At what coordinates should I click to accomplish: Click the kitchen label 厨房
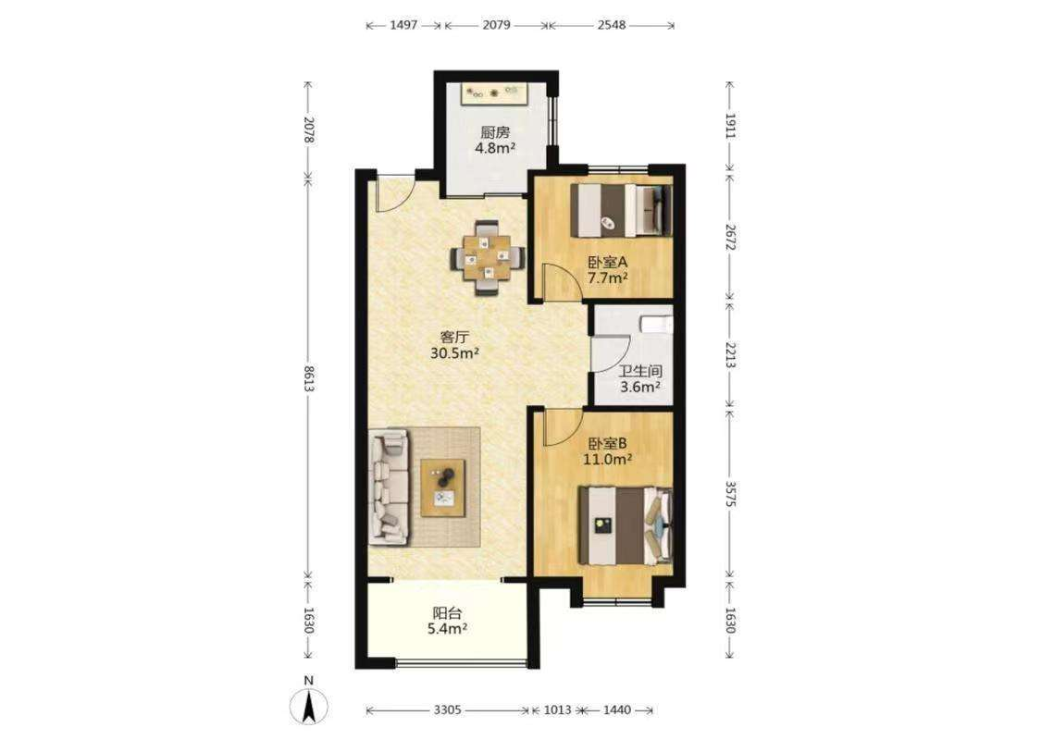pyautogui.click(x=495, y=132)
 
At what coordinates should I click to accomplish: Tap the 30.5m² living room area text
pyautogui.click(x=454, y=353)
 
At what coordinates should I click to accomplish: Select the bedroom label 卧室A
pyautogui.click(x=607, y=262)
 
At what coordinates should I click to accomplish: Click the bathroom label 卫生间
pyautogui.click(x=640, y=372)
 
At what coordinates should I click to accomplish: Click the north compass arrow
pyautogui.click(x=309, y=706)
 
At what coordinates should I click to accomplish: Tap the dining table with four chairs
pyautogui.click(x=488, y=256)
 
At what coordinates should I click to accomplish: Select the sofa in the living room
pyautogui.click(x=389, y=487)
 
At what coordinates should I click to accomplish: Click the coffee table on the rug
pyautogui.click(x=443, y=487)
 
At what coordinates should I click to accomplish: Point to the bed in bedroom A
pyautogui.click(x=622, y=210)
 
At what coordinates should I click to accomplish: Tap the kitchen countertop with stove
pyautogui.click(x=495, y=92)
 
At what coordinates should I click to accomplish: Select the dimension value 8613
pyautogui.click(x=309, y=377)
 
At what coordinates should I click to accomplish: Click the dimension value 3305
pyautogui.click(x=448, y=710)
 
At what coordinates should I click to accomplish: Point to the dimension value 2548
pyautogui.click(x=612, y=25)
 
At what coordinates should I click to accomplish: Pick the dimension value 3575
pyautogui.click(x=730, y=495)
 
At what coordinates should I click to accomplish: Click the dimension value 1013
pyautogui.click(x=557, y=710)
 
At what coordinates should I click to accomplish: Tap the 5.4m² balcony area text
pyautogui.click(x=448, y=628)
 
